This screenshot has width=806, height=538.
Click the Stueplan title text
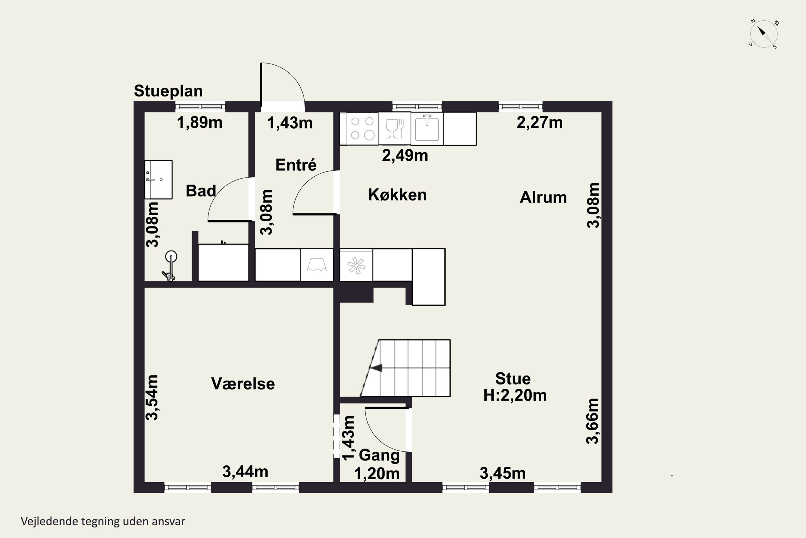168,91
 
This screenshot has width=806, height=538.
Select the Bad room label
201,191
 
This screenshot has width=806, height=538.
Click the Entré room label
296,165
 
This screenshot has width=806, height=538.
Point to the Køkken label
397,195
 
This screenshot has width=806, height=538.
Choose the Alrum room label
543,197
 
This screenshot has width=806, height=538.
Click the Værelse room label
243,384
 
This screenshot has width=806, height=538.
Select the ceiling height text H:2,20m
515,395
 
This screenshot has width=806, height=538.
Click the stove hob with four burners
362,128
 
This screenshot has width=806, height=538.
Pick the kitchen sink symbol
427,128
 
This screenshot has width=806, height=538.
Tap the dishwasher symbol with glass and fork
395,128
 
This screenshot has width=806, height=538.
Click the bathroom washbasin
158,179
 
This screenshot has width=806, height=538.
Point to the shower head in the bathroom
171,256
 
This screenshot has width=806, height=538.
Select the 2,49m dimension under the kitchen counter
405,155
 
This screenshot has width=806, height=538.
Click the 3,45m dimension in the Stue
502,473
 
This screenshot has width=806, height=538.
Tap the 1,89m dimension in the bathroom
199,122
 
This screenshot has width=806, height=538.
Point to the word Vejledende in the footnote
49,521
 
